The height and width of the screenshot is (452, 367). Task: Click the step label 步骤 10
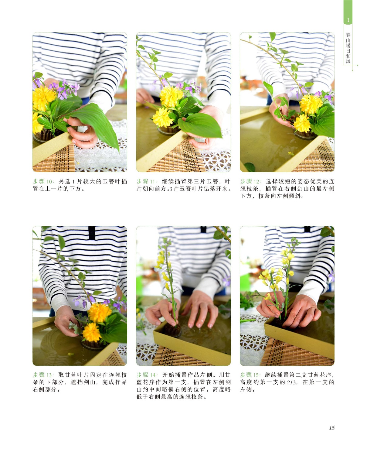pos(43,182)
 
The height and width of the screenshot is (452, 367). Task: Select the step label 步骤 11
pos(147,182)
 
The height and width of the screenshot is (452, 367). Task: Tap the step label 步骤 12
pos(251,182)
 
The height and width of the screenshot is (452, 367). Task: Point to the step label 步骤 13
pos(43,375)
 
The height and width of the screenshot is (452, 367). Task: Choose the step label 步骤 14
pos(147,375)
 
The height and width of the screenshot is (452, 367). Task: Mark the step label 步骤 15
pos(251,375)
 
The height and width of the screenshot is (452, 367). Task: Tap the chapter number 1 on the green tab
pos(348,20)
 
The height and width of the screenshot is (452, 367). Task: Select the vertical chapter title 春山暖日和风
pos(348,48)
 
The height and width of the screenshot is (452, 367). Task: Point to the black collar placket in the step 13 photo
pos(92,233)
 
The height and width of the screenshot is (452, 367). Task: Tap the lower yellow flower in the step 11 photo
pos(162,117)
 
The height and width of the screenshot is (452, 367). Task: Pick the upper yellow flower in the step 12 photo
pos(311,104)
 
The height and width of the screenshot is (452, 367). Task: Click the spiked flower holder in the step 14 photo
pos(172,330)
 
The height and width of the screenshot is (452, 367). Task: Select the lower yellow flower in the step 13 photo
pos(92,332)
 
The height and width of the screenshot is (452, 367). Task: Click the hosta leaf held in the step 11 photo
pos(200,125)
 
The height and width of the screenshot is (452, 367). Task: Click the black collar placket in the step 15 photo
pos(307,229)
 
